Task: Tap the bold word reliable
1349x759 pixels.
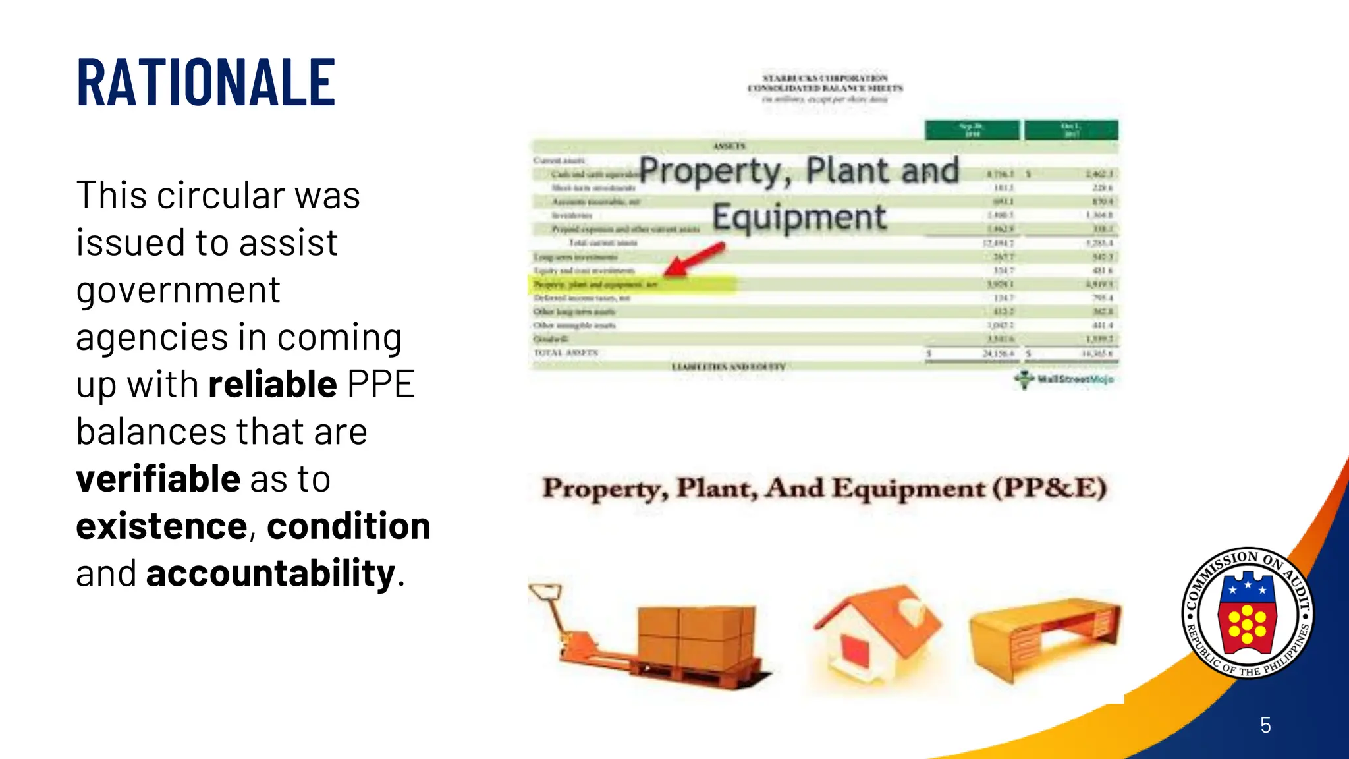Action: (x=273, y=384)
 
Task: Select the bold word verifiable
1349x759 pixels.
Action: (x=157, y=479)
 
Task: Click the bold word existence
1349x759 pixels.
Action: (x=161, y=526)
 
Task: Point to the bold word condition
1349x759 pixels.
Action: (x=348, y=526)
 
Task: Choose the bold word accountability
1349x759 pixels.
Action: (x=271, y=573)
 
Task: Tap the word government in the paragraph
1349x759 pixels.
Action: (x=178, y=291)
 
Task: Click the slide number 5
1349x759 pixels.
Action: (x=1265, y=725)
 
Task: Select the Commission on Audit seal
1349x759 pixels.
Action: (x=1247, y=613)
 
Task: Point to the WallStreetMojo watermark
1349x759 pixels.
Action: (x=1064, y=379)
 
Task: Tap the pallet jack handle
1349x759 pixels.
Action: (x=547, y=593)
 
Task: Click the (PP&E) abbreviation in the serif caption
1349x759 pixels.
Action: (x=1050, y=489)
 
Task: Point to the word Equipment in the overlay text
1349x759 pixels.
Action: (x=799, y=217)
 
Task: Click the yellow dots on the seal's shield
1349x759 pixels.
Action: (x=1247, y=623)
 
